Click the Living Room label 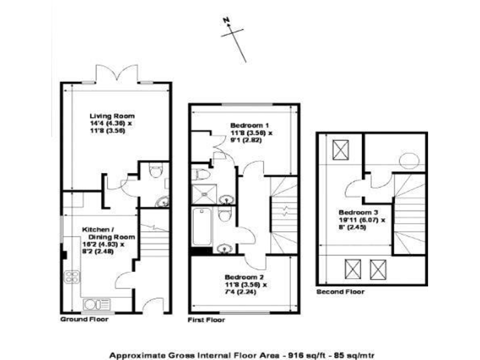(x=112, y=116)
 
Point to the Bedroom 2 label (x=244, y=276)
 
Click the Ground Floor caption (x=84, y=319)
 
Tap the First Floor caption (x=207, y=319)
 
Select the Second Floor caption (x=340, y=292)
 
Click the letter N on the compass (x=227, y=20)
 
